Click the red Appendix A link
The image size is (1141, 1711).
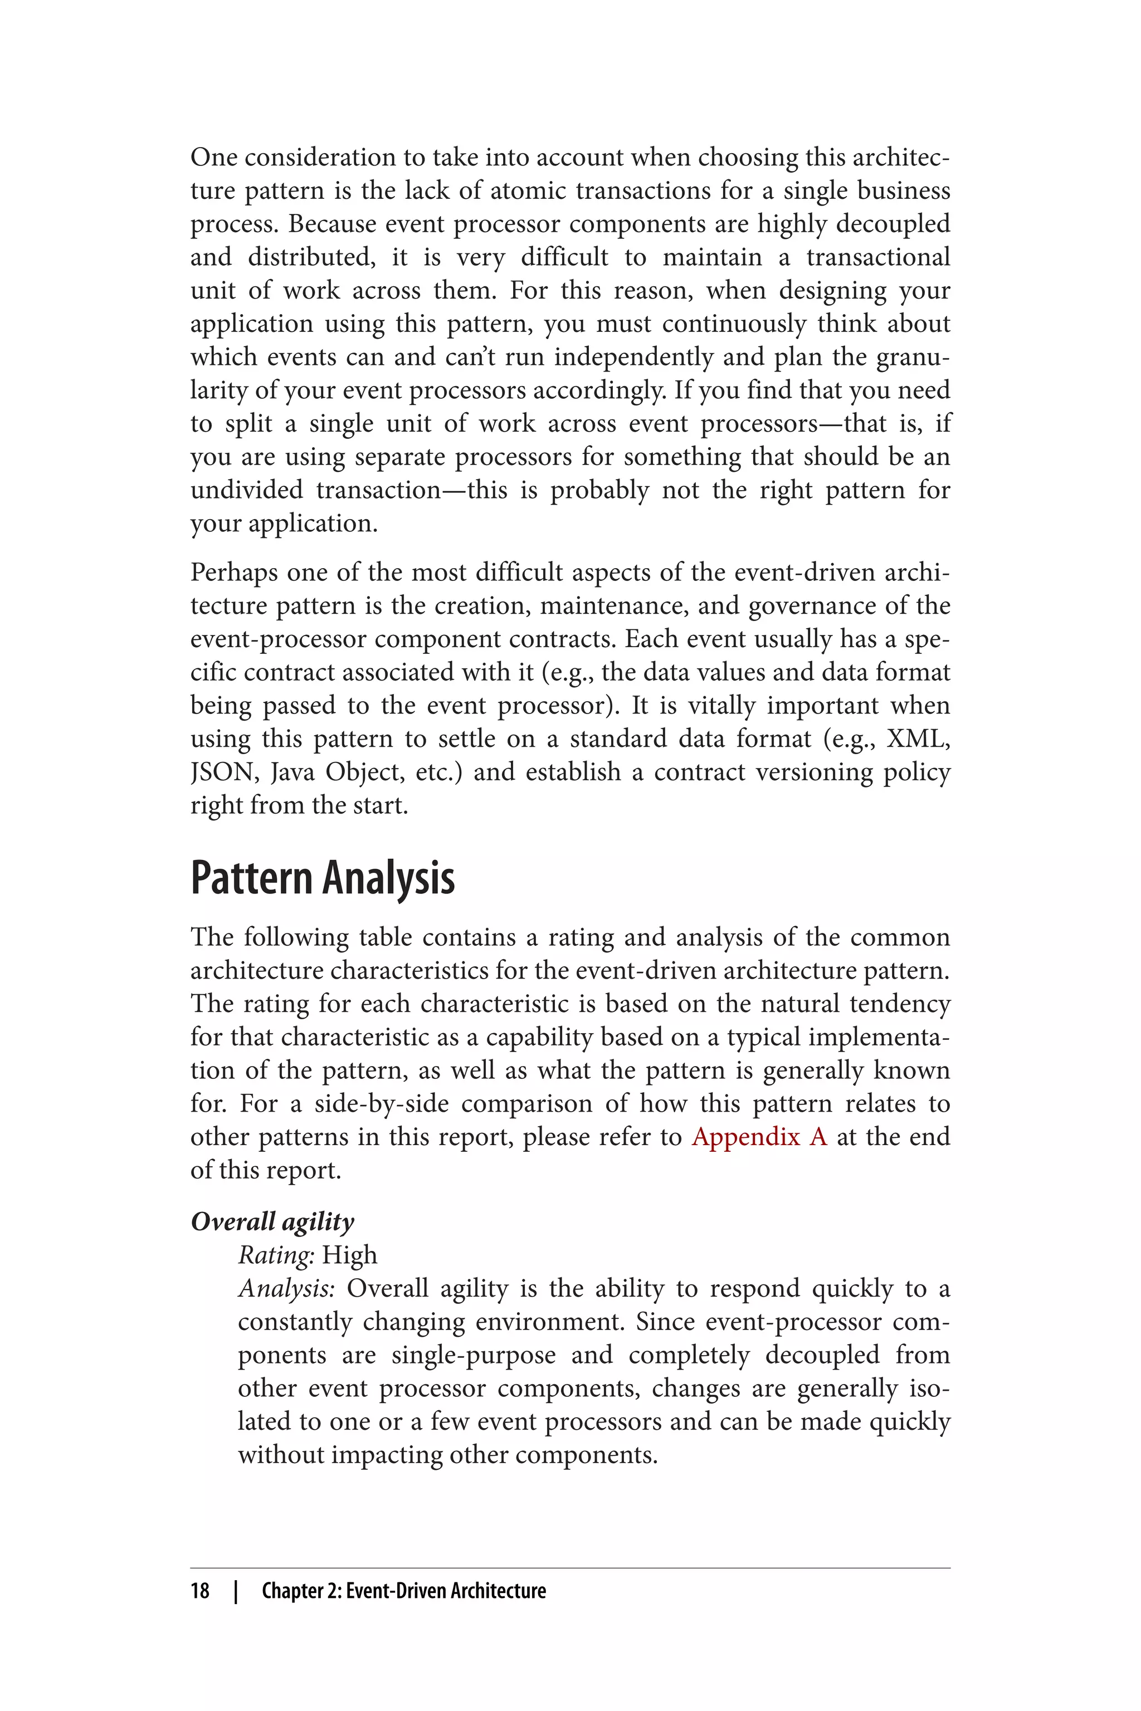click(759, 1136)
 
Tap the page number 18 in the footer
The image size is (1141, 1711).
click(200, 1591)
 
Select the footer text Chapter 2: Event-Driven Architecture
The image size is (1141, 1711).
click(403, 1591)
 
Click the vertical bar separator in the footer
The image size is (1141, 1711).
click(236, 1591)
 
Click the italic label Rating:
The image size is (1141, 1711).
click(276, 1255)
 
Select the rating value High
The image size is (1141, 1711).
click(349, 1255)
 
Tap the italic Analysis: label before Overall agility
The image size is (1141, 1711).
click(286, 1288)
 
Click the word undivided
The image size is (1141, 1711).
click(246, 490)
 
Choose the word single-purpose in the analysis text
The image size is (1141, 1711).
click(473, 1355)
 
